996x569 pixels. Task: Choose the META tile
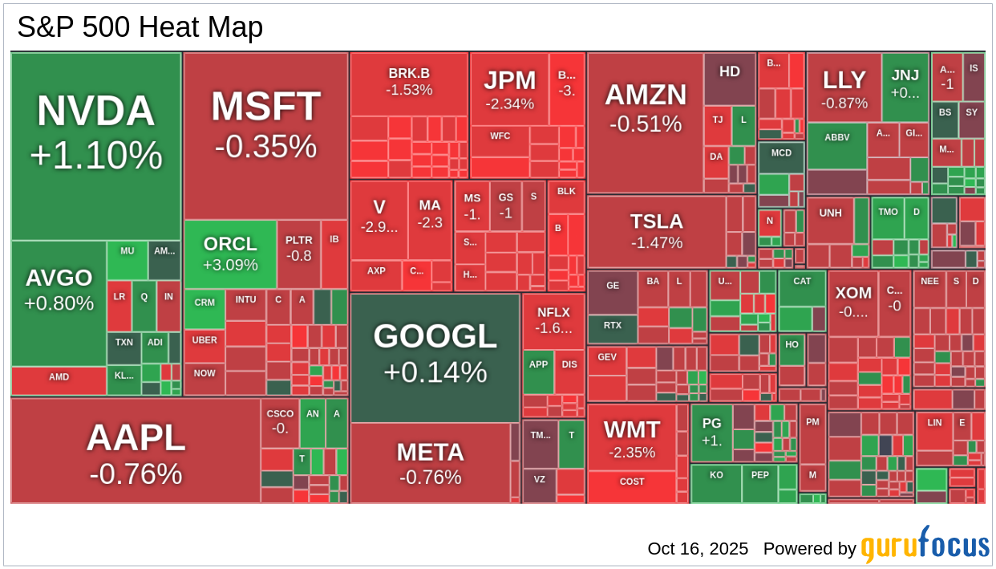(430, 463)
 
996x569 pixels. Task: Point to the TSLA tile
(656, 232)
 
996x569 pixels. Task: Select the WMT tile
(631, 437)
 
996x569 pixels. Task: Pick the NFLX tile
(553, 320)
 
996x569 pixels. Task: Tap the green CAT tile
(802, 289)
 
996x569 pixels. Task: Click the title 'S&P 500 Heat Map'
(140, 28)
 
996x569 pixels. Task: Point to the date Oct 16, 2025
(698, 549)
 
